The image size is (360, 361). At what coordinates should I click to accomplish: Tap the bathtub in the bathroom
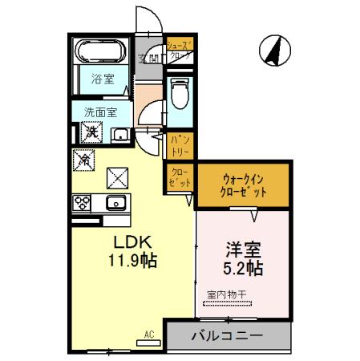[100, 52]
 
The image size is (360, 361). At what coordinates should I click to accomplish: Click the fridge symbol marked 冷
[84, 159]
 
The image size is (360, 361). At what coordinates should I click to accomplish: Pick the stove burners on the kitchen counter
[83, 203]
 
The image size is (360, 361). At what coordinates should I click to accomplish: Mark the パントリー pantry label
[179, 144]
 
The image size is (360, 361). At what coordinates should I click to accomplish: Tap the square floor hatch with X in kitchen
[118, 174]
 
